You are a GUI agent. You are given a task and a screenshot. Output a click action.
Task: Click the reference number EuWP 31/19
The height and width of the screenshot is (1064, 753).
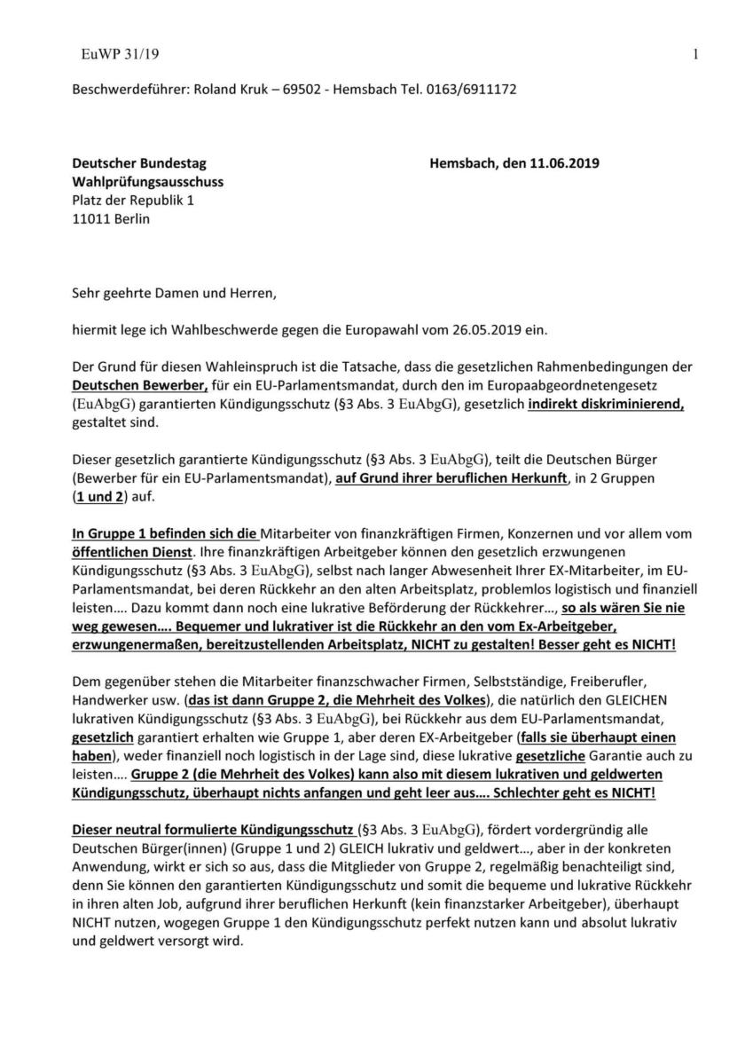120,55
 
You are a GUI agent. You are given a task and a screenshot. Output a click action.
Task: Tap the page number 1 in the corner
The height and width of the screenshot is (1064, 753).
696,55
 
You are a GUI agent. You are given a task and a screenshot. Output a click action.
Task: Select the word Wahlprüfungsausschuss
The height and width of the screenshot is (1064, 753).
147,182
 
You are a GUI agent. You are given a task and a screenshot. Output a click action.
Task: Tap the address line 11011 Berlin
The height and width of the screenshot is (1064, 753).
111,219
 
